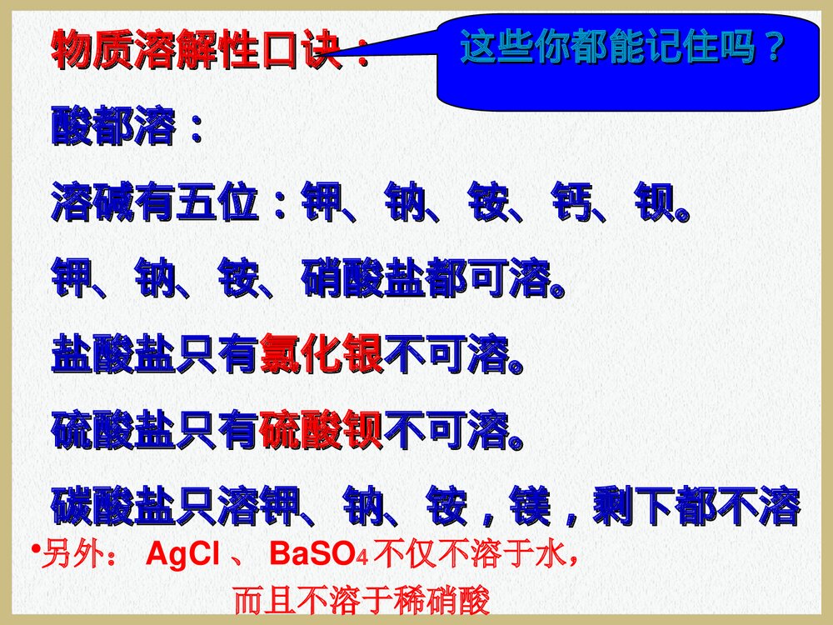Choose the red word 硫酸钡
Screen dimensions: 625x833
coord(322,432)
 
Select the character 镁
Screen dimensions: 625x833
coord(530,505)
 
